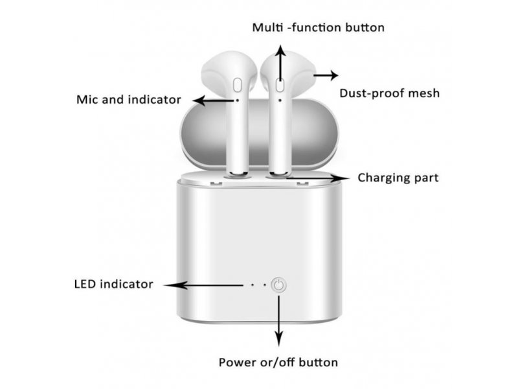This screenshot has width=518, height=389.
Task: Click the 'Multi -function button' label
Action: coord(318,27)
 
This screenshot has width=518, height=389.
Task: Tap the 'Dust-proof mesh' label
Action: coord(390,93)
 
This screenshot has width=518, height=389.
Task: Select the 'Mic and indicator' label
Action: coord(128,100)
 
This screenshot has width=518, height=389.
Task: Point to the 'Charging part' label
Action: coord(398,178)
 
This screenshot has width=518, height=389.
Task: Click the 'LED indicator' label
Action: coord(114,284)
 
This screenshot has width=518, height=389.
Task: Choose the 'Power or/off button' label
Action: coord(278,362)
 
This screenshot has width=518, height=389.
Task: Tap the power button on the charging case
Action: coord(279,285)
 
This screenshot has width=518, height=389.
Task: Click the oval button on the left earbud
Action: coord(237,85)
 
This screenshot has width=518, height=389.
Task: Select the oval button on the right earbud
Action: coord(280,85)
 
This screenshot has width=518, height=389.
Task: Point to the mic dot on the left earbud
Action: coord(237,100)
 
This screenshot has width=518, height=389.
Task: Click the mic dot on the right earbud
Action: coord(280,100)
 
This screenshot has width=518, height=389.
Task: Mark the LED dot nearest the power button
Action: coord(265,285)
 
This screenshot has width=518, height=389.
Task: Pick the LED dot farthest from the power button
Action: coord(253,285)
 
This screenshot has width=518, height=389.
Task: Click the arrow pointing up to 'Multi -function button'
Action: coord(281,63)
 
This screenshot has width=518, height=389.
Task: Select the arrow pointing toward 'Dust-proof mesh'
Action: coord(326,75)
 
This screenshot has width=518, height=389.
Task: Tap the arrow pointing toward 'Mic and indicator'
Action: coord(214,100)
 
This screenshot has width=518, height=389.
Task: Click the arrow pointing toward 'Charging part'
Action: coord(318,178)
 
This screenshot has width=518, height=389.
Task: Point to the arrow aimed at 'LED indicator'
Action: coord(203,285)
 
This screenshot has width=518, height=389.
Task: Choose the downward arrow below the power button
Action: coord(279,321)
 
